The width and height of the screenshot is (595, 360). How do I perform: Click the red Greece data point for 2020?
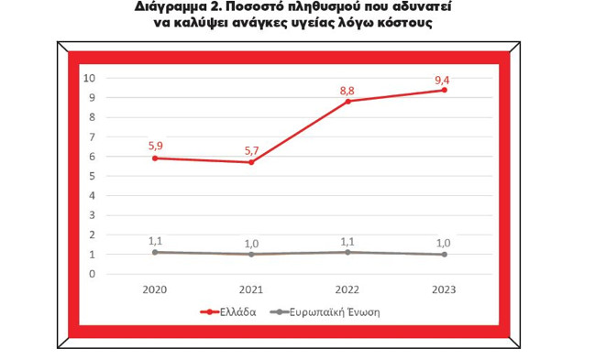coord(156,158)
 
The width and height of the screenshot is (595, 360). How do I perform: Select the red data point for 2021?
coord(251,162)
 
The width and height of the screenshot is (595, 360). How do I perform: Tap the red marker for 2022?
coord(347,101)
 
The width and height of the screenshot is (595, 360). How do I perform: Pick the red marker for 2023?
coord(444,90)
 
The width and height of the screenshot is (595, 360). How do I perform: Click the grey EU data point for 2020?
coord(156,252)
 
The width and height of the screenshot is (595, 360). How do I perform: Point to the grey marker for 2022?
coord(347,252)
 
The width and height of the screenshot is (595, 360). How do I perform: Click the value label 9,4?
coord(443,79)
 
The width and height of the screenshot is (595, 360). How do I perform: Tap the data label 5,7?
coord(251,150)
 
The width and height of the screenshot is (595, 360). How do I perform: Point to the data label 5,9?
coord(156,145)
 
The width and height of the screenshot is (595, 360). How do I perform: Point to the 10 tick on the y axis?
coord(90,78)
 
